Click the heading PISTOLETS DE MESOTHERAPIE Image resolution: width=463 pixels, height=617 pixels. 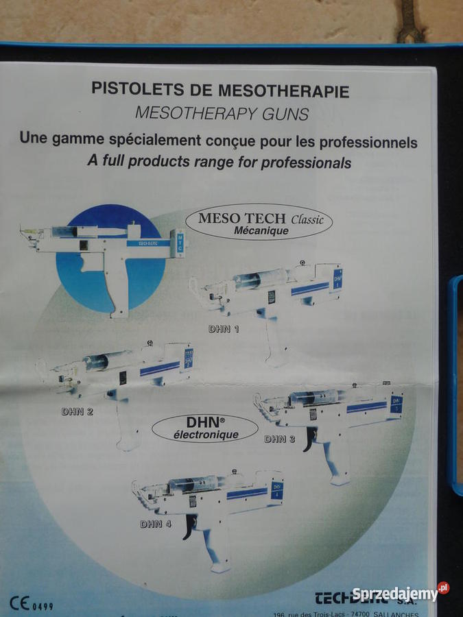click(x=220, y=90)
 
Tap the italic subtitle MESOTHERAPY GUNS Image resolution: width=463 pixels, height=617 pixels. click(x=222, y=113)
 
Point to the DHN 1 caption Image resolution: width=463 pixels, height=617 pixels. click(x=224, y=329)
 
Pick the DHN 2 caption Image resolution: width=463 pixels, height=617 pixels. click(x=77, y=411)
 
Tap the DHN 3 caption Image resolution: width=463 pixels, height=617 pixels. click(x=279, y=439)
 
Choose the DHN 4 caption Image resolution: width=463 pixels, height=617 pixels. click(x=155, y=524)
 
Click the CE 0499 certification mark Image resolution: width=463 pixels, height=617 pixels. click(x=32, y=605)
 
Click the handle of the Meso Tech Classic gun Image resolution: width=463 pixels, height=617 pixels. click(x=118, y=288)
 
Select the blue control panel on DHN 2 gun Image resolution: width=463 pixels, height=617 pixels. click(x=187, y=359)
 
